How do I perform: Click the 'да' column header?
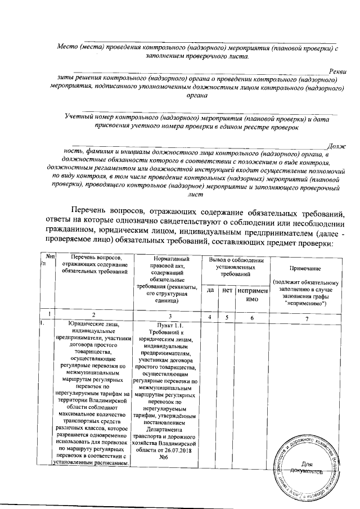[x=210, y=290]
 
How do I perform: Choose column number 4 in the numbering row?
[x=210, y=317]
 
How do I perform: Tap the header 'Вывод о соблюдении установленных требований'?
[x=236, y=267]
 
